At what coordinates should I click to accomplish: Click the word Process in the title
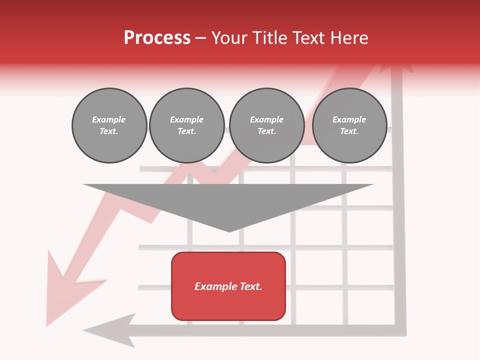[x=157, y=38]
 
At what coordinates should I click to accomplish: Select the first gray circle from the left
[x=109, y=125]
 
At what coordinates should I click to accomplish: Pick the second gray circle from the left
[x=186, y=125]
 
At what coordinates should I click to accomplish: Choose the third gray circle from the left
[x=266, y=125]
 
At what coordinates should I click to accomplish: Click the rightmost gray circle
[x=349, y=125]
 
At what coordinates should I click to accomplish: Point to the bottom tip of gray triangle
[x=229, y=231]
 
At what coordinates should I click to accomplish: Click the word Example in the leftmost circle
[x=109, y=119]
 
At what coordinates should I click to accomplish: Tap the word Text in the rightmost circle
[x=349, y=131]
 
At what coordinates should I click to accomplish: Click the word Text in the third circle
[x=266, y=131]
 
